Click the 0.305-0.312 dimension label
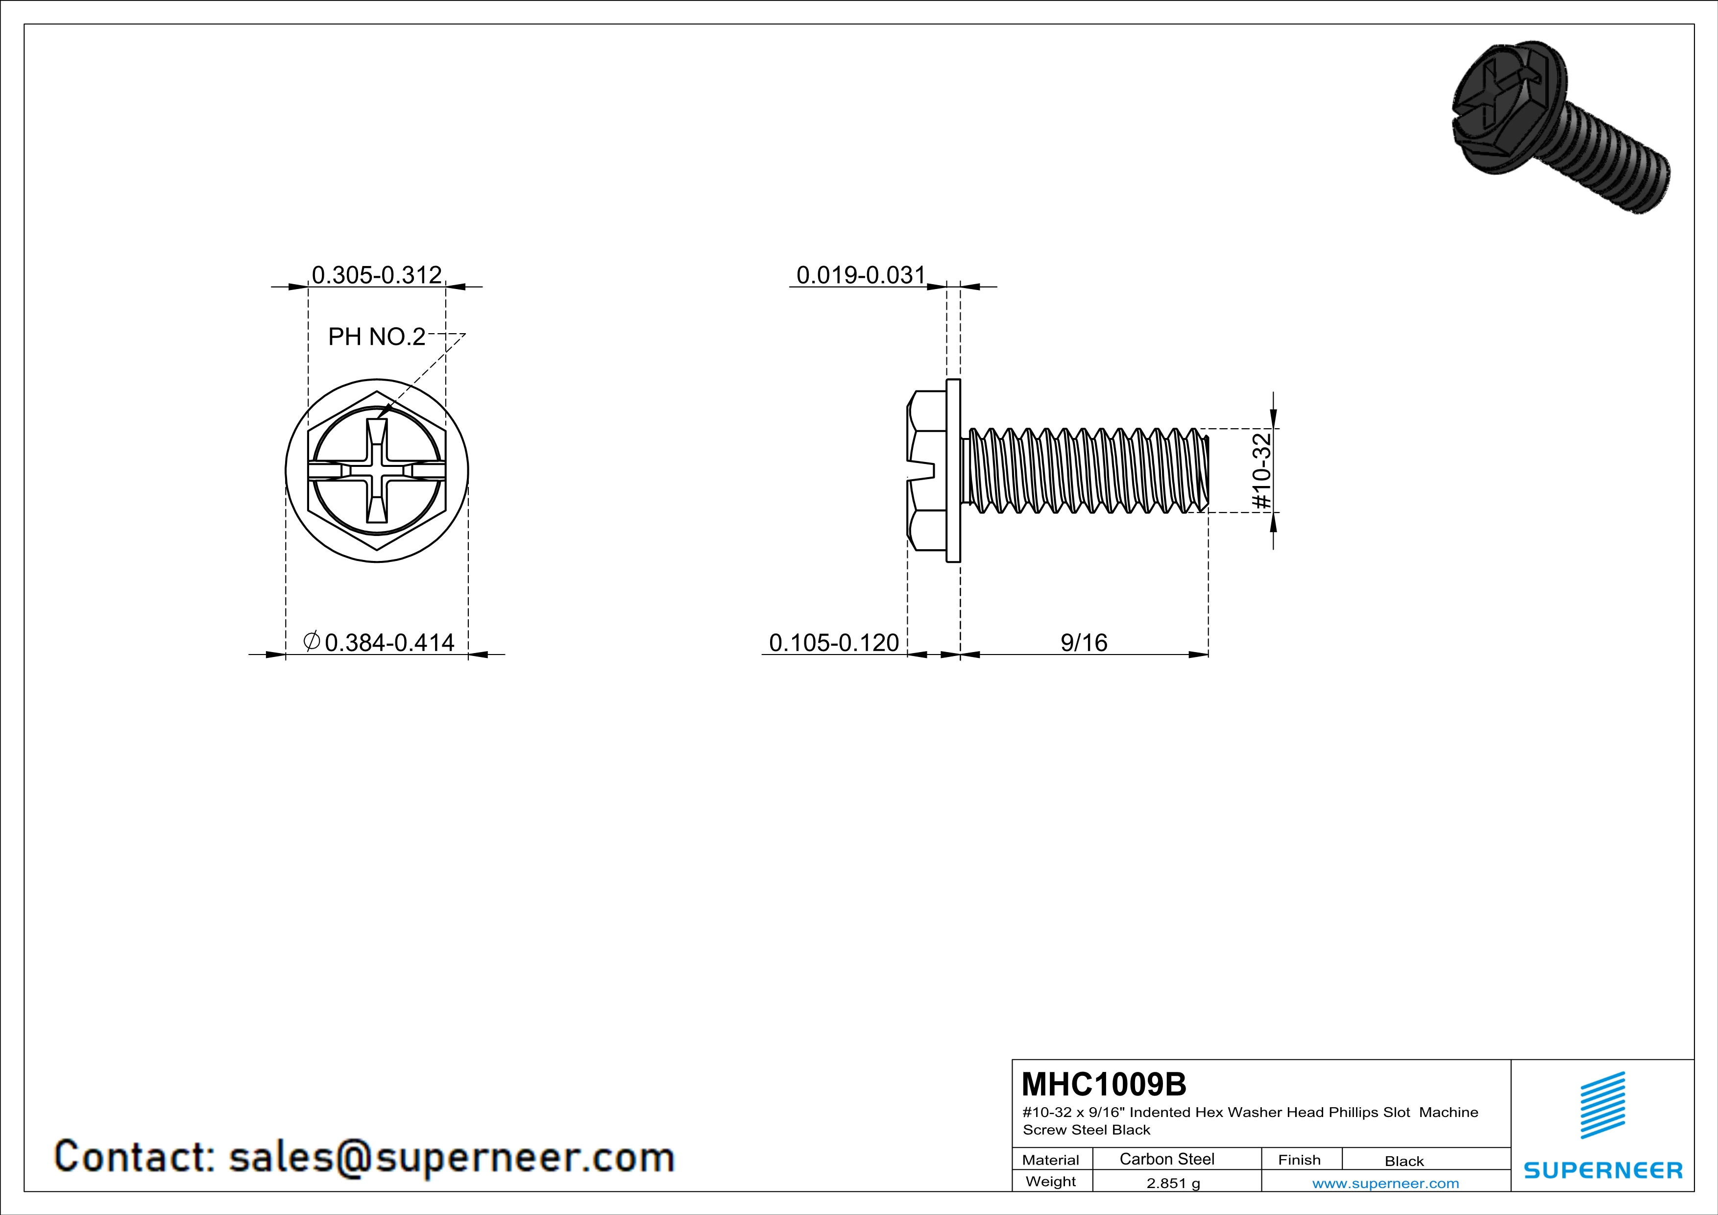pyautogui.click(x=376, y=275)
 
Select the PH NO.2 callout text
pyautogui.click(x=376, y=337)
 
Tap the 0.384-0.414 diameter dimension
pyautogui.click(x=389, y=643)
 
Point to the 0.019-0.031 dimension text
pyautogui.click(x=861, y=275)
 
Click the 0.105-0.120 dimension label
pyautogui.click(x=834, y=643)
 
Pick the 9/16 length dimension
pyautogui.click(x=1084, y=643)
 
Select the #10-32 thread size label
pyautogui.click(x=1261, y=471)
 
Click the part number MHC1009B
pyautogui.click(x=1104, y=1084)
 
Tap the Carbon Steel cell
pyautogui.click(x=1166, y=1159)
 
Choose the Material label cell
pyautogui.click(x=1051, y=1160)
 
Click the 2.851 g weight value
pyautogui.click(x=1172, y=1183)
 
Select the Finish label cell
pyautogui.click(x=1299, y=1160)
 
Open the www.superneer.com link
pyautogui.click(x=1385, y=1183)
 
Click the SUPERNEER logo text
pyautogui.click(x=1603, y=1170)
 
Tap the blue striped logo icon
pyautogui.click(x=1602, y=1106)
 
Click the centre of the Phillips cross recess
pyautogui.click(x=376, y=471)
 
